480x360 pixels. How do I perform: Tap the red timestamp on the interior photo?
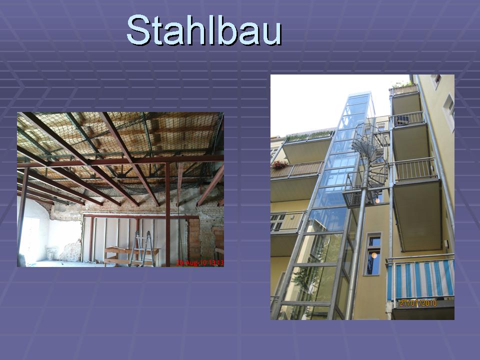(200, 262)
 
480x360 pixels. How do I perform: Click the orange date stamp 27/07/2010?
(418, 303)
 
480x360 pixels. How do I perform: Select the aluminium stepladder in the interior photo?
(141, 248)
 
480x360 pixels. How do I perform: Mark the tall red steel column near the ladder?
(168, 214)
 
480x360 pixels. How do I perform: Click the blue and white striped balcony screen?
(420, 278)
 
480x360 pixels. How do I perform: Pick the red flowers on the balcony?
(280, 164)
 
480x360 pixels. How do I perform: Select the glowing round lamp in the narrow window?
(374, 255)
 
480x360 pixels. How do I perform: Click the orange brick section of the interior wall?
(194, 239)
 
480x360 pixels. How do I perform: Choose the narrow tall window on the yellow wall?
(373, 254)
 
